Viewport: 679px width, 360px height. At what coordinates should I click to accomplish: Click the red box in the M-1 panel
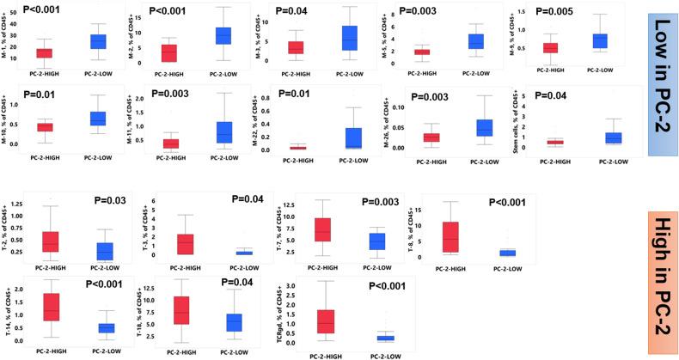click(44, 53)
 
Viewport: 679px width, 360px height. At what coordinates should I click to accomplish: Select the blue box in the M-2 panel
click(223, 35)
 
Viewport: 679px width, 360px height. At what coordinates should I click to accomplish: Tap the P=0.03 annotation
click(110, 203)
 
